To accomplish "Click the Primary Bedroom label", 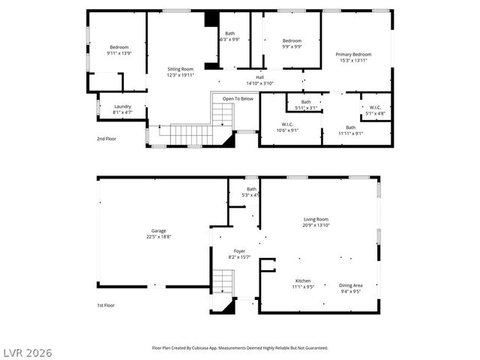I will tap(353, 54).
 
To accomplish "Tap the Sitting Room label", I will tap(180, 69).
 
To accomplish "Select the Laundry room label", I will tap(122, 106).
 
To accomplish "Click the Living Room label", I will tap(316, 219).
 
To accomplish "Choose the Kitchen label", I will tap(303, 280).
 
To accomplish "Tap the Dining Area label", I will tap(351, 284).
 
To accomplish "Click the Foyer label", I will tap(239, 251).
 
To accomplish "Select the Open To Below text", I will tap(238, 98).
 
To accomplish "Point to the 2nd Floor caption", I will tap(106, 139).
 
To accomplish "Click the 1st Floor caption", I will tap(106, 305).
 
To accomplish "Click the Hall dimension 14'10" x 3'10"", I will tap(259, 83).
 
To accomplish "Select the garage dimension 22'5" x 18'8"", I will tap(158, 236).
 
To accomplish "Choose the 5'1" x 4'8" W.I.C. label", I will tap(376, 112).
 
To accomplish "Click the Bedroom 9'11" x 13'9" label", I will tap(118, 53).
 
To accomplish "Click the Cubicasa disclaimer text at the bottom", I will tap(240, 348).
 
